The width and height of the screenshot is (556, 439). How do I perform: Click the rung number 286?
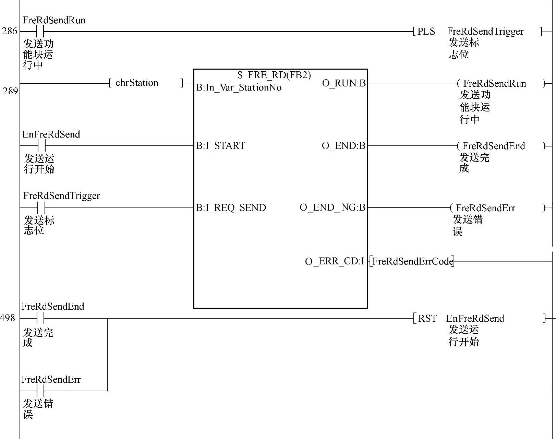[9, 31]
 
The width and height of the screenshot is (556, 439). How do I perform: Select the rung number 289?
[10, 91]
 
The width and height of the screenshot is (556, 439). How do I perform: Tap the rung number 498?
[8, 318]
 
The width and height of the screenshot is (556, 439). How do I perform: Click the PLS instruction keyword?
[426, 32]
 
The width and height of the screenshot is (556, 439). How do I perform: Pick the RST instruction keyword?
[427, 319]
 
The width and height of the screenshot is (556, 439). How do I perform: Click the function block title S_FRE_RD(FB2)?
[274, 75]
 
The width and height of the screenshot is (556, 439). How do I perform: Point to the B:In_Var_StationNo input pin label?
[239, 88]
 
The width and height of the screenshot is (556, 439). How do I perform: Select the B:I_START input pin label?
[220, 146]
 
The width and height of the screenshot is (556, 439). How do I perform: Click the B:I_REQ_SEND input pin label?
[231, 208]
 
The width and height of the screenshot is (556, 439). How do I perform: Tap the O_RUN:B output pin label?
[344, 83]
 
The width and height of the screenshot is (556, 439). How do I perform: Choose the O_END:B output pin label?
[343, 146]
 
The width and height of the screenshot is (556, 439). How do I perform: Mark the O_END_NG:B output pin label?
[333, 207]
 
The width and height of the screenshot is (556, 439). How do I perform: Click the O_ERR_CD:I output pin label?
[335, 261]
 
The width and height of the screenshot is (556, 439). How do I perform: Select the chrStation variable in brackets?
[137, 83]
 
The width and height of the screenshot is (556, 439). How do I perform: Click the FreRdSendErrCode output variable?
[412, 261]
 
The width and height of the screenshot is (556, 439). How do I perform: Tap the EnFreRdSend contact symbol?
[41, 146]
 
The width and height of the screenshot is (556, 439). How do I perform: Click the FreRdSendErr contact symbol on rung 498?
[40, 391]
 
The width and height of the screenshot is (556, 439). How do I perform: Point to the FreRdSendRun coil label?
[494, 84]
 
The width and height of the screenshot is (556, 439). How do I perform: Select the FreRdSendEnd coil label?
[494, 146]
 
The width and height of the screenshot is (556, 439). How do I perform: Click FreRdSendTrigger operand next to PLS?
[485, 32]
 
